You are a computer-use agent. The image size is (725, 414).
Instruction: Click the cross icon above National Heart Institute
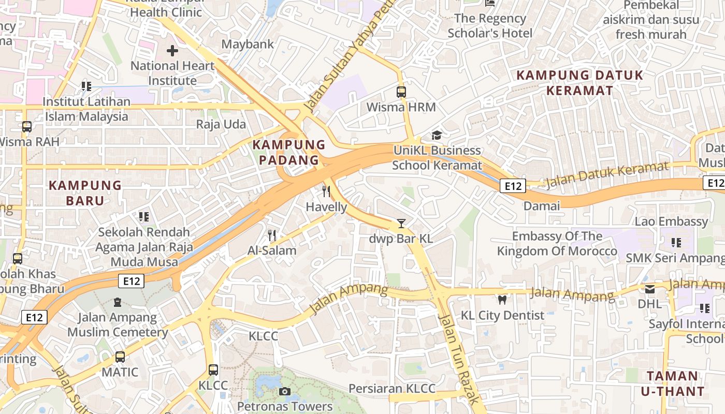pyautogui.click(x=172, y=51)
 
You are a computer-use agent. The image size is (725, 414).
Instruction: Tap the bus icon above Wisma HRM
pyautogui.click(x=401, y=92)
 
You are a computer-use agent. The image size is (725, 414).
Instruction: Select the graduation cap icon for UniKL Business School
pyautogui.click(x=437, y=136)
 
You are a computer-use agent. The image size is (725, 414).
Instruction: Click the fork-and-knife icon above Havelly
pyautogui.click(x=326, y=191)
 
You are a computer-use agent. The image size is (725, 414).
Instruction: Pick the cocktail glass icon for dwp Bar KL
pyautogui.click(x=401, y=224)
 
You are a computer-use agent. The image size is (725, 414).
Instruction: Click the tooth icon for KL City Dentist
pyautogui.click(x=502, y=300)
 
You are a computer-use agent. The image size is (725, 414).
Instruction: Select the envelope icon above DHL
pyautogui.click(x=649, y=289)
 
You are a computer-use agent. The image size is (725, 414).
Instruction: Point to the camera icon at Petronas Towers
pyautogui.click(x=284, y=391)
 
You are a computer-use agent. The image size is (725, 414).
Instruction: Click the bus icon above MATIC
pyautogui.click(x=120, y=357)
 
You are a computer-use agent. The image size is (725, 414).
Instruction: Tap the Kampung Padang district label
pyautogui.click(x=289, y=152)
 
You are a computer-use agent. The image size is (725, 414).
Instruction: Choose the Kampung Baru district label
pyautogui.click(x=85, y=193)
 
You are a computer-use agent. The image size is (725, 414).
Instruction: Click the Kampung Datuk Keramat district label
pyautogui.click(x=579, y=83)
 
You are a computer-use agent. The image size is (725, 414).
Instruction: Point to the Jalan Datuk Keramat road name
pyautogui.click(x=607, y=174)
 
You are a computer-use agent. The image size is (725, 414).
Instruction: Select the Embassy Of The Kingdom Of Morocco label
pyautogui.click(x=557, y=244)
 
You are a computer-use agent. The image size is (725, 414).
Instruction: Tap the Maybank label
pyautogui.click(x=248, y=44)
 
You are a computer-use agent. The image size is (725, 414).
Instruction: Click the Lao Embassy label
pyautogui.click(x=671, y=221)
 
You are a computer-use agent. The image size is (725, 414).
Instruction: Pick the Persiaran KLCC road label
pyautogui.click(x=392, y=388)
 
